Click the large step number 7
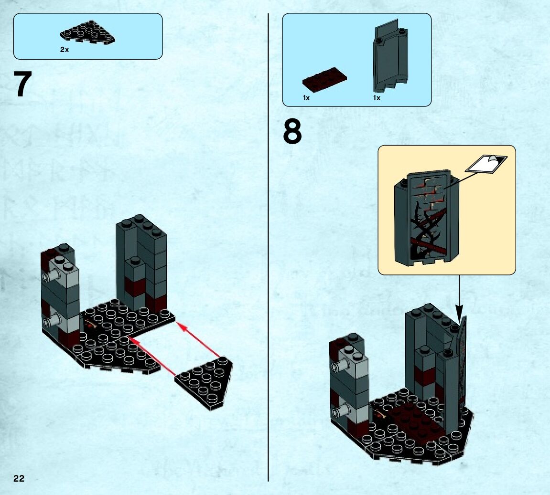click(x=22, y=85)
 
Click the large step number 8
click(x=292, y=132)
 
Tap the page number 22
click(x=19, y=479)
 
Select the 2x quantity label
click(x=65, y=50)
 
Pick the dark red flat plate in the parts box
click(x=324, y=77)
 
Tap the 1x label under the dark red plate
click(x=306, y=98)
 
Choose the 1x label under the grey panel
click(x=377, y=98)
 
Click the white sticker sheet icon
click(x=485, y=164)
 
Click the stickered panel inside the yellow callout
click(x=425, y=218)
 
